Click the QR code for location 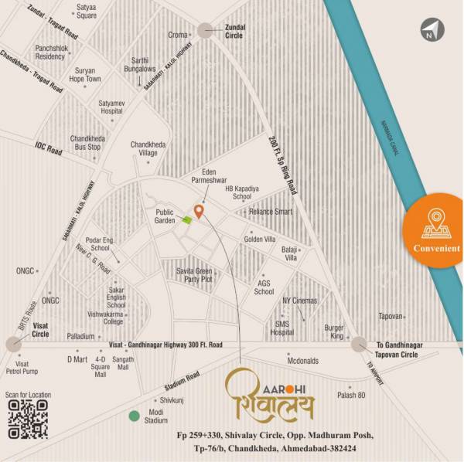[x=27, y=420]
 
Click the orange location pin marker [x=199, y=211]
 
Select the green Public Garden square [x=186, y=219]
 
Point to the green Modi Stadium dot [x=134, y=417]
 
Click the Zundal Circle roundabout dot [x=205, y=30]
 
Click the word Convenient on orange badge [x=437, y=249]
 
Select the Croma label [x=179, y=35]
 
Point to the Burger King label [x=334, y=331]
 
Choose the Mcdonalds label [x=303, y=360]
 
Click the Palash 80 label [x=351, y=395]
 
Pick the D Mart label [x=77, y=359]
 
